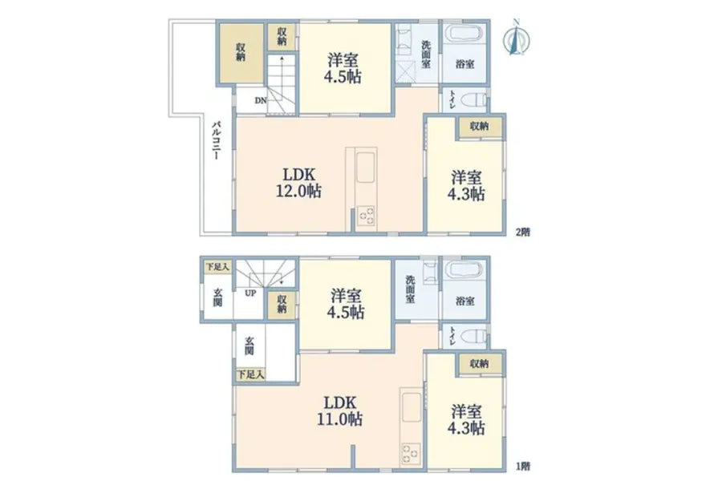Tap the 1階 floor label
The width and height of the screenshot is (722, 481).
[522, 466]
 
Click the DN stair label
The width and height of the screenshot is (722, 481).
[261, 100]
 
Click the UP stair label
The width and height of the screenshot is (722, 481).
[250, 293]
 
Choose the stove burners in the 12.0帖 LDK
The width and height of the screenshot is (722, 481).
[366, 216]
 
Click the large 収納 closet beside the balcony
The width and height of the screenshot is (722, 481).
[241, 51]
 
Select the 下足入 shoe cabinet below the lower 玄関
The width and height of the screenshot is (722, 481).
[250, 374]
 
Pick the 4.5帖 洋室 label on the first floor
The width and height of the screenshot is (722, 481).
[346, 304]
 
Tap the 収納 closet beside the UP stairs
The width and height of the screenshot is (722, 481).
[282, 304]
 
